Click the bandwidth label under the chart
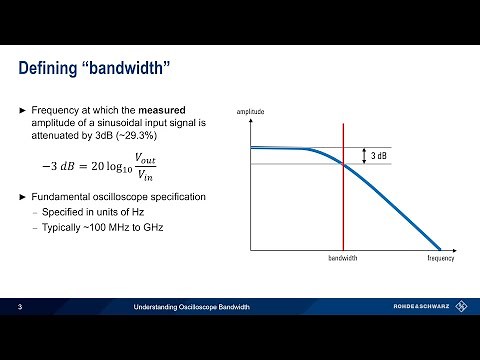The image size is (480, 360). click(343, 258)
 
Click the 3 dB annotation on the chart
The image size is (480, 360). click(380, 156)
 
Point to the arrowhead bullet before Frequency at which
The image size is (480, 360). click(23, 108)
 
